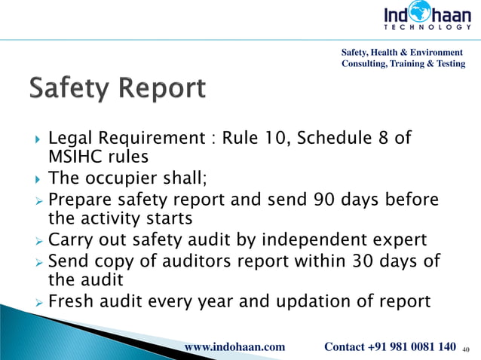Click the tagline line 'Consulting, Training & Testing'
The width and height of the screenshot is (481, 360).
403,64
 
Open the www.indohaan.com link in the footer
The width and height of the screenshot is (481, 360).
234,346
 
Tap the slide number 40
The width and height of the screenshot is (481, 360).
464,349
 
